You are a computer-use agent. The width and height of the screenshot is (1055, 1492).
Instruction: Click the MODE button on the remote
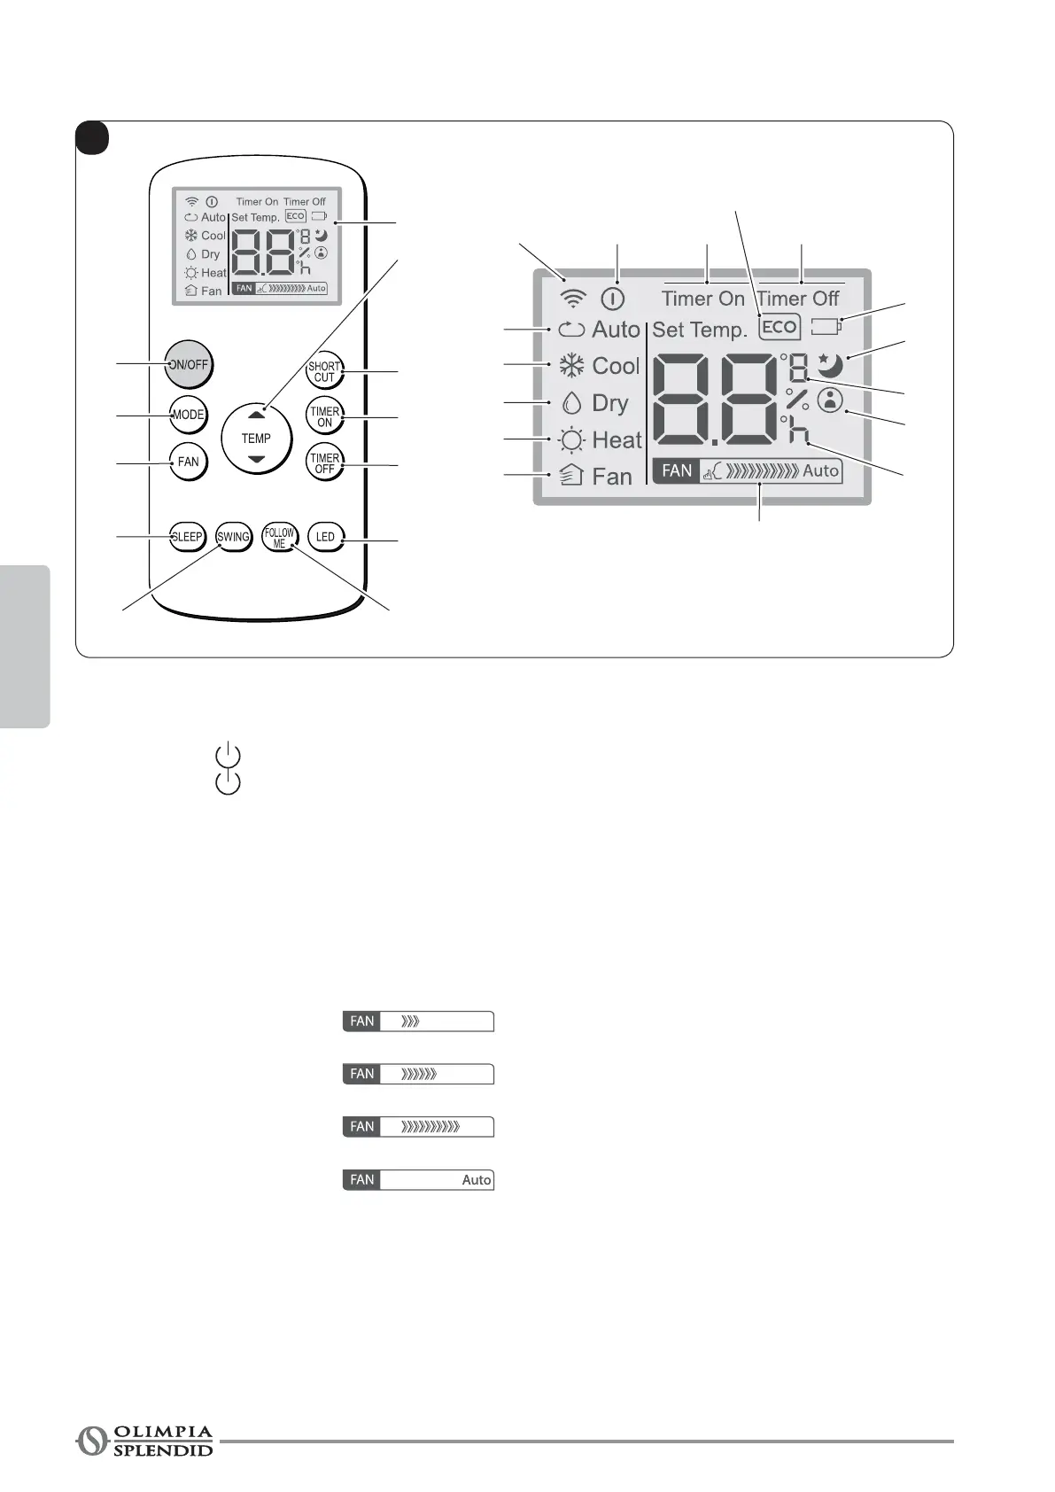click(x=188, y=415)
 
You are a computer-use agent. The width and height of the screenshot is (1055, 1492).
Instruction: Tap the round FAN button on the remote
click(x=188, y=462)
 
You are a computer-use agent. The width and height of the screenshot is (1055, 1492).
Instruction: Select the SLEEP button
click(x=187, y=537)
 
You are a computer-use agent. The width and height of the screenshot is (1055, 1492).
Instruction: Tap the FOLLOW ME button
click(x=279, y=538)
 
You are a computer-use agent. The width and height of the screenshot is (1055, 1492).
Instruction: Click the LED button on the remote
click(x=325, y=537)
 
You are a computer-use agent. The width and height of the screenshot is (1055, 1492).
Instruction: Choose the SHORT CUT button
click(x=324, y=372)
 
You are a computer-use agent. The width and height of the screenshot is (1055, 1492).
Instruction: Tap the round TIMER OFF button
click(x=324, y=463)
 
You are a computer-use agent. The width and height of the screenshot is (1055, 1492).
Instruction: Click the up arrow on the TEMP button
click(x=256, y=415)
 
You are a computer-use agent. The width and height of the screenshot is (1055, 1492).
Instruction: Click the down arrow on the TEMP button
click(x=256, y=459)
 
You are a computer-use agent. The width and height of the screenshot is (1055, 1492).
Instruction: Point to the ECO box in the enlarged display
click(x=780, y=327)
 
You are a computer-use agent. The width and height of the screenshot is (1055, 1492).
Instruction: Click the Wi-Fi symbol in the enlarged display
click(x=574, y=299)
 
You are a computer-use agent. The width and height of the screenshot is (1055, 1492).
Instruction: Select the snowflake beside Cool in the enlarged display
click(x=571, y=366)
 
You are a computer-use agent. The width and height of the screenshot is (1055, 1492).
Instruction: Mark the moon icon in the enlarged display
click(x=830, y=365)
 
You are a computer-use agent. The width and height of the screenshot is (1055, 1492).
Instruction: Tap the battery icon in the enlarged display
click(x=826, y=327)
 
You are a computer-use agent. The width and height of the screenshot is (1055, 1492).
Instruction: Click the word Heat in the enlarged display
click(x=617, y=440)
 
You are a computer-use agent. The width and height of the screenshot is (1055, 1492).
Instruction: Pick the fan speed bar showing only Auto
click(x=418, y=1180)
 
